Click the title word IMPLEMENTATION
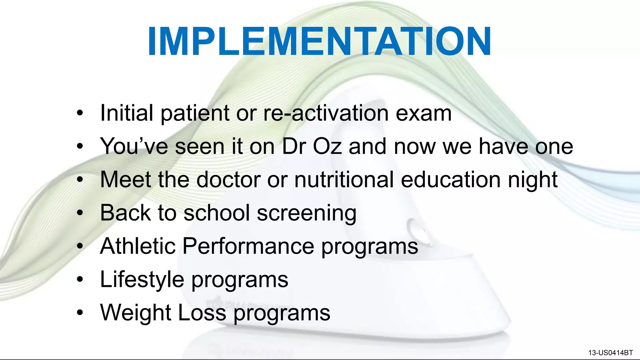tap(319, 41)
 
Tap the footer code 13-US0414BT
tap(610, 353)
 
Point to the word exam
tap(424, 113)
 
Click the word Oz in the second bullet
tap(327, 146)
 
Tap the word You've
tap(134, 146)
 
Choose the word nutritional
tap(344, 180)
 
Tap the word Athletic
tap(137, 246)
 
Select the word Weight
tap(136, 313)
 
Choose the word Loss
tap(202, 313)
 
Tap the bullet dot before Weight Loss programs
tap(80, 312)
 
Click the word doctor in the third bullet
tap(228, 180)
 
